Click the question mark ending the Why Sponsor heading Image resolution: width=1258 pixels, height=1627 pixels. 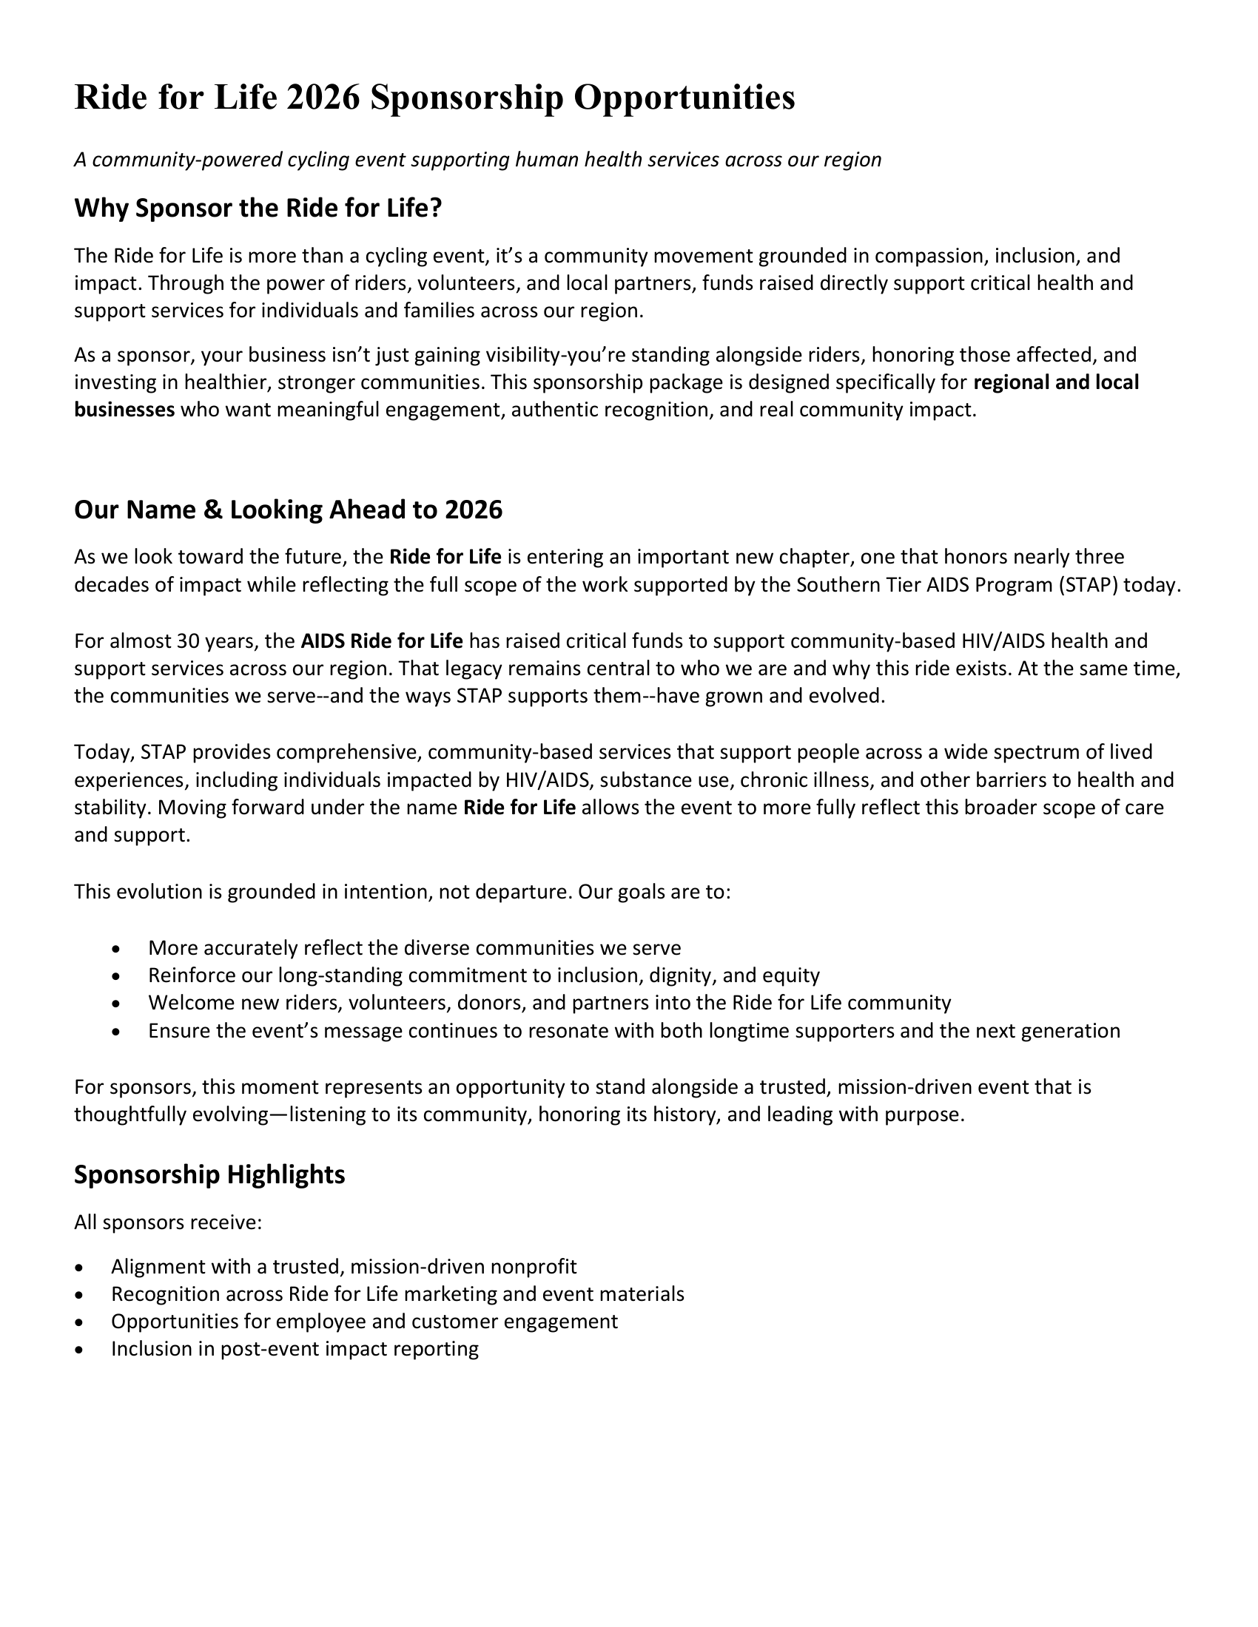(436, 208)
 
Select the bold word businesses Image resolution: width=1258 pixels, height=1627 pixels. (124, 410)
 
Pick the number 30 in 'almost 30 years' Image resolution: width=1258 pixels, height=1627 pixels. (186, 640)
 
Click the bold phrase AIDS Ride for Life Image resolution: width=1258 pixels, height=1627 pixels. (382, 640)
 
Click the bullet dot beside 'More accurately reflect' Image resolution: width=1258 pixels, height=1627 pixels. (115, 949)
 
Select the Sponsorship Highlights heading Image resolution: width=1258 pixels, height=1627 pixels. (209, 1175)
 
